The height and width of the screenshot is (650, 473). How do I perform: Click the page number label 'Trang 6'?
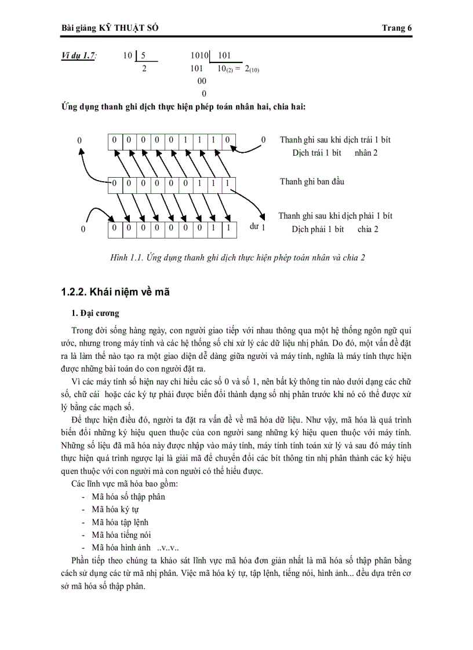(x=397, y=28)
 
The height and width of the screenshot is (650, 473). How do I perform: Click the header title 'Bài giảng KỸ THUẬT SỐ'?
(x=110, y=28)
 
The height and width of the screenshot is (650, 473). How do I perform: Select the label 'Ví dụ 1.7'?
(x=79, y=56)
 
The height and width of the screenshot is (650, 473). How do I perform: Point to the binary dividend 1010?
(x=199, y=56)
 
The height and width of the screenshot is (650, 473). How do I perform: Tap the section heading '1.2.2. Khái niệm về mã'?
(x=115, y=292)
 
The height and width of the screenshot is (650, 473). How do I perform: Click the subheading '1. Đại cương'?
(x=95, y=313)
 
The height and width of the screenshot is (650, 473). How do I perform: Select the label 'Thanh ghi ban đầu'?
(x=312, y=182)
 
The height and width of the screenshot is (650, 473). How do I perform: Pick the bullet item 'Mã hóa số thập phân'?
(x=128, y=496)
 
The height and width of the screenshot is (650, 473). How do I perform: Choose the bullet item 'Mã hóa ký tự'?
(x=115, y=509)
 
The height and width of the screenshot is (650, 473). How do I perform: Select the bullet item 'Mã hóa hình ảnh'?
(x=121, y=548)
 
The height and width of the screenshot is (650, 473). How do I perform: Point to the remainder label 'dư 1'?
(x=257, y=227)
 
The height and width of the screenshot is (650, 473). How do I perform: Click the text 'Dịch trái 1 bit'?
(x=316, y=153)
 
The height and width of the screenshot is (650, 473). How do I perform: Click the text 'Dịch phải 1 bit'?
(x=318, y=229)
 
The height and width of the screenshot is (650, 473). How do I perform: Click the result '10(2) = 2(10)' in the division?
(x=238, y=69)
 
